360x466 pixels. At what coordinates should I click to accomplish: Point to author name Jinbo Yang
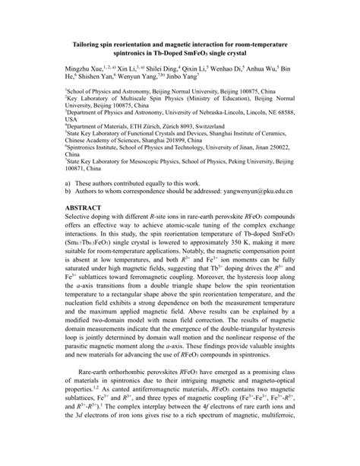tap(180, 77)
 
